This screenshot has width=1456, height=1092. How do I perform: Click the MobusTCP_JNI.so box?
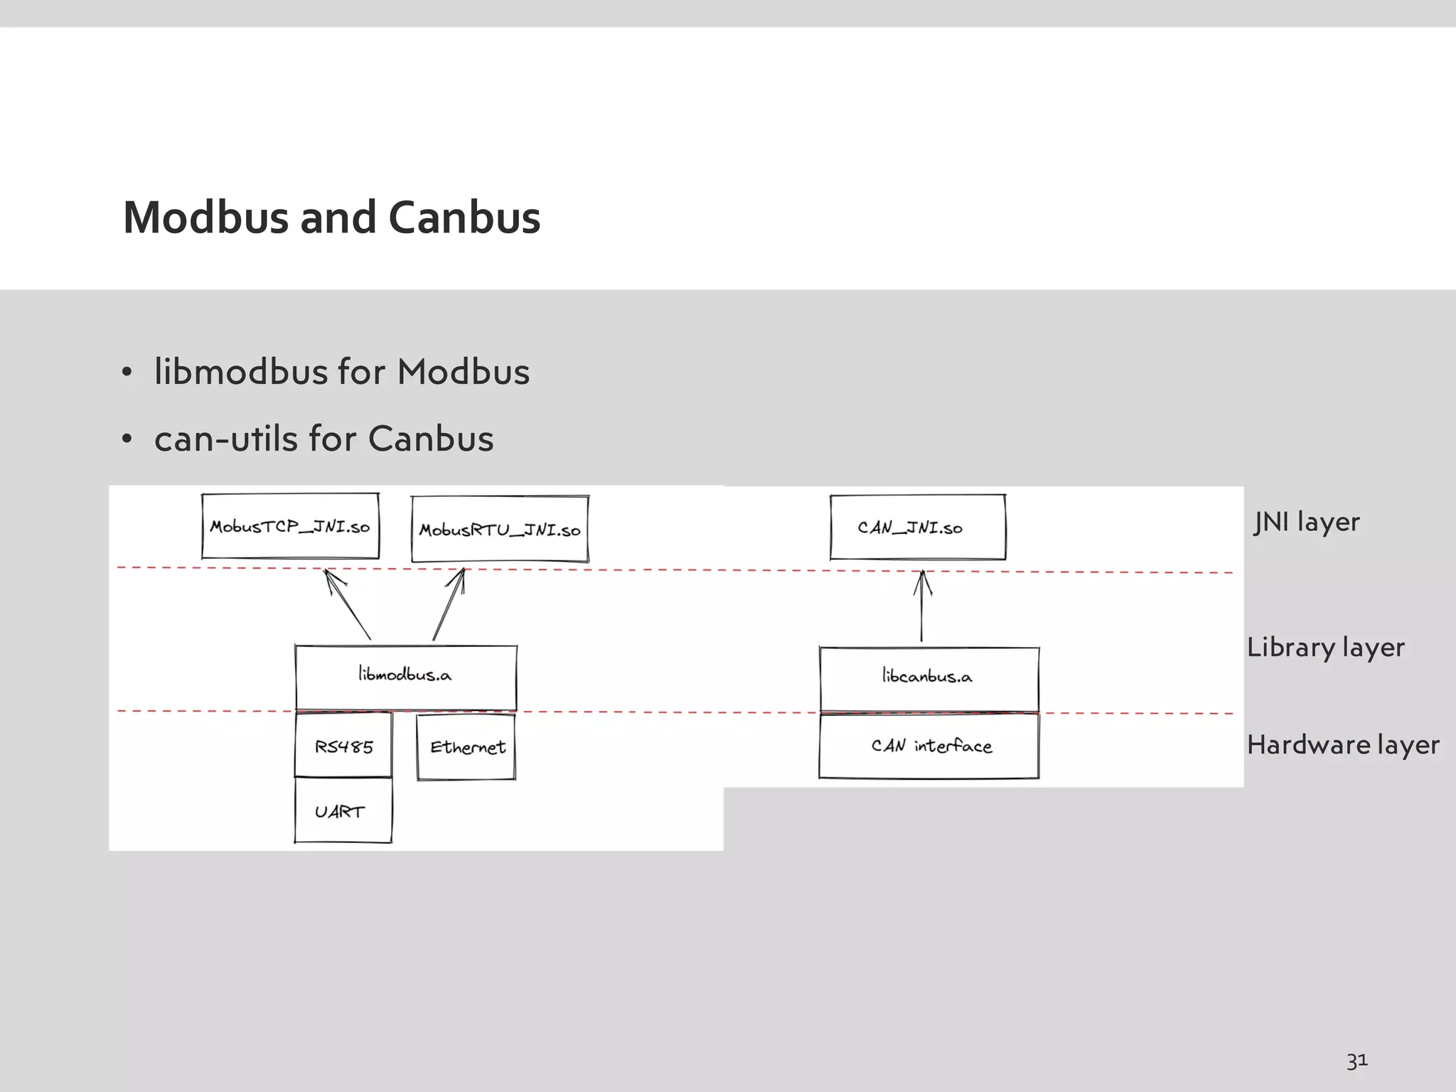(x=290, y=526)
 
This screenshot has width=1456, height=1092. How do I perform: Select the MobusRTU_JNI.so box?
(x=500, y=529)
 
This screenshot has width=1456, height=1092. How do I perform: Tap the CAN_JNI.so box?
(x=918, y=527)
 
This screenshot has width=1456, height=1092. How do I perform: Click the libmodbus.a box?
(x=406, y=676)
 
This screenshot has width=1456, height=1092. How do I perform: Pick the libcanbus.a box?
(x=928, y=678)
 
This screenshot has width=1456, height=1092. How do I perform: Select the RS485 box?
(x=343, y=746)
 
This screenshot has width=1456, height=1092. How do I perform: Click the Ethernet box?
(x=466, y=746)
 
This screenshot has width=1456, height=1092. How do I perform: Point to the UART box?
(x=343, y=811)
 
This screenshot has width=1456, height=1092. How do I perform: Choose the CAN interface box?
(x=928, y=746)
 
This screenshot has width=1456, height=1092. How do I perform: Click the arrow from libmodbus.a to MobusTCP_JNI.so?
(x=348, y=605)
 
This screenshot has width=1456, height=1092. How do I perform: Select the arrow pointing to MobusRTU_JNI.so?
(x=449, y=605)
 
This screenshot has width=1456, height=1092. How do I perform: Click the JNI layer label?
(x=1306, y=522)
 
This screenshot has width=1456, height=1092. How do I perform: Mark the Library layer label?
(x=1325, y=648)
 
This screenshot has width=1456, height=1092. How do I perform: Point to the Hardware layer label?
(x=1342, y=745)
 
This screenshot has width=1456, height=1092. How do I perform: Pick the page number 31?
(x=1356, y=1061)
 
